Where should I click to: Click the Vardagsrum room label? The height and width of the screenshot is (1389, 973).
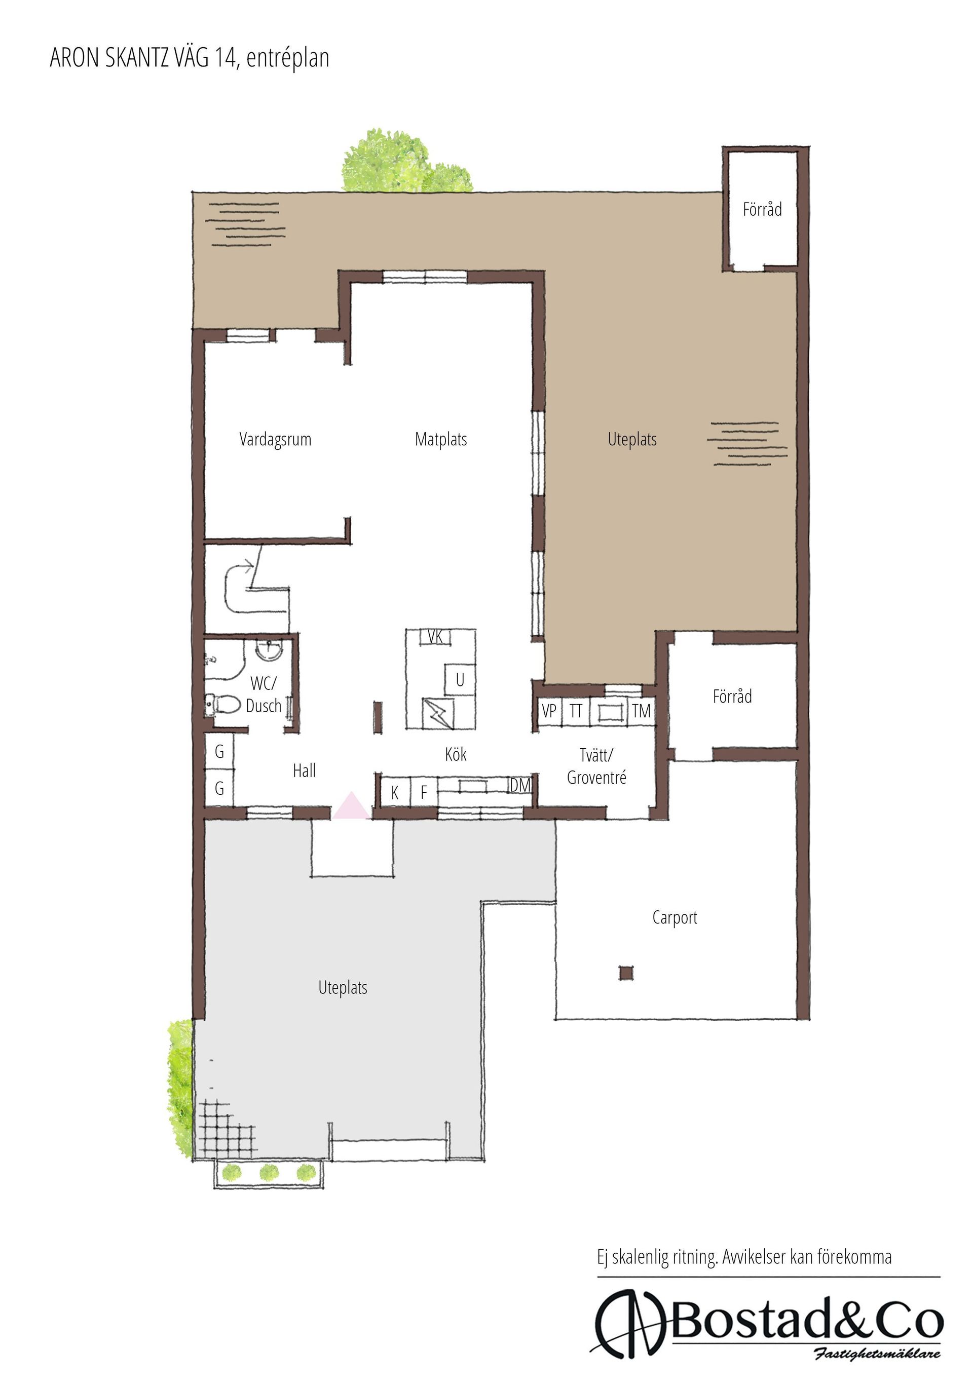click(x=275, y=440)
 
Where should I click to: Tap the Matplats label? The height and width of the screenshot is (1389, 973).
click(x=441, y=439)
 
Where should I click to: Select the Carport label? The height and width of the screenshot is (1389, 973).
click(x=675, y=918)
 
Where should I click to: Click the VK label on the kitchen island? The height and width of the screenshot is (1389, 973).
click(x=436, y=636)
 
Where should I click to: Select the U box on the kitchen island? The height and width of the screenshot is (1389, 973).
click(x=460, y=680)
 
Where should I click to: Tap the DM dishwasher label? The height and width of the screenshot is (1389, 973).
click(x=520, y=785)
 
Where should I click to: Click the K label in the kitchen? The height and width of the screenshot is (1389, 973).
click(x=395, y=792)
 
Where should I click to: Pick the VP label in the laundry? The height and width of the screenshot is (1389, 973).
click(x=549, y=711)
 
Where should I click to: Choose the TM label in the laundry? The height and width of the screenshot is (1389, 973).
click(x=642, y=711)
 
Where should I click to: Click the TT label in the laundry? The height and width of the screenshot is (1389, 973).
click(x=576, y=711)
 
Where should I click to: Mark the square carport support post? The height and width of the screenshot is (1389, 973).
click(x=626, y=973)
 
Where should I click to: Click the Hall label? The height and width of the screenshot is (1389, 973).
click(x=305, y=770)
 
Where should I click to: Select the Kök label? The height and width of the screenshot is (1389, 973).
click(x=456, y=754)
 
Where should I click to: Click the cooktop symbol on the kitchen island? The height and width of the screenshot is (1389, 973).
click(x=437, y=713)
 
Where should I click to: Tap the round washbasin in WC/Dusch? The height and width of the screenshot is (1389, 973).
click(x=269, y=650)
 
